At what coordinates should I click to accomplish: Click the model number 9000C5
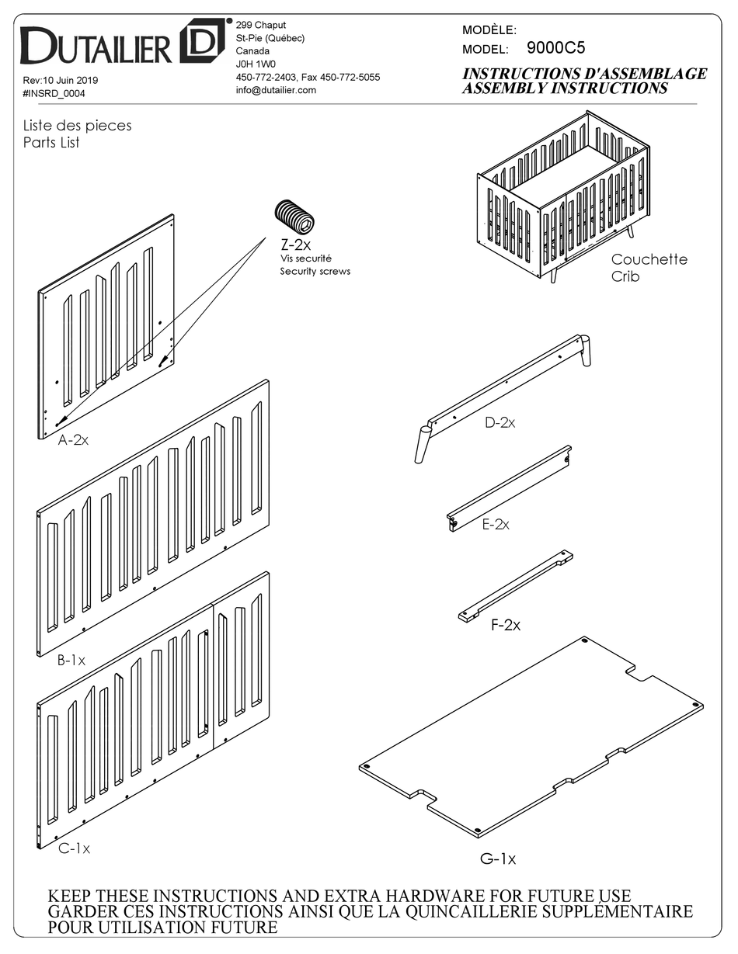coord(555,48)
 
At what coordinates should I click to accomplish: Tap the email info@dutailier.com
coord(276,90)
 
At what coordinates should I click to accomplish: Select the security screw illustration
coord(295,217)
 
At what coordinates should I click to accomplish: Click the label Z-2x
coord(295,245)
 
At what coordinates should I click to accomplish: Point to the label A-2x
coord(73,440)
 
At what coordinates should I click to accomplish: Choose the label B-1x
coord(71,661)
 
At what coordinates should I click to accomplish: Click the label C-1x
coord(74,848)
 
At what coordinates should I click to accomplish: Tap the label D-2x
coord(500,422)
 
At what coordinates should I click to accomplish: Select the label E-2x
coord(495,525)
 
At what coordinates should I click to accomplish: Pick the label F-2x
coord(505,625)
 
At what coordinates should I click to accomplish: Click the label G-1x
coord(497,859)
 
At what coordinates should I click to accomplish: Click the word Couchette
coord(649,259)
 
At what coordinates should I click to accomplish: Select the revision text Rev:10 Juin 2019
coord(61,80)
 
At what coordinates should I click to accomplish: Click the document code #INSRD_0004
coord(54,93)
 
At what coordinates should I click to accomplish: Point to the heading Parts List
coord(51,143)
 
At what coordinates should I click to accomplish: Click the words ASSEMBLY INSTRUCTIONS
coord(565,88)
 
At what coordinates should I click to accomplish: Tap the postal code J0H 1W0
coord(256,64)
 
